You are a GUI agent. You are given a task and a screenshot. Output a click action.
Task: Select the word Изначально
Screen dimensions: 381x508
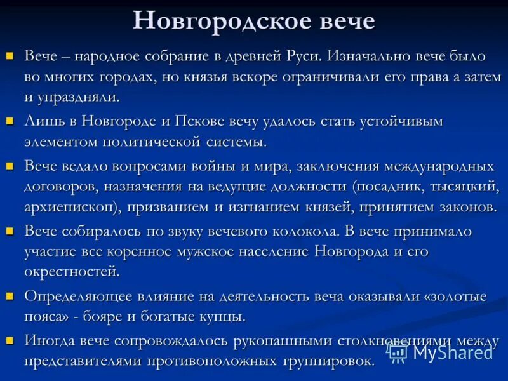point(373,56)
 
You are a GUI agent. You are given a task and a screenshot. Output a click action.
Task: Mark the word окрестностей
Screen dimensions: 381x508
point(71,272)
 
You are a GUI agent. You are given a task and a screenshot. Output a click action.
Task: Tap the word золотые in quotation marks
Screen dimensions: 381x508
point(457,296)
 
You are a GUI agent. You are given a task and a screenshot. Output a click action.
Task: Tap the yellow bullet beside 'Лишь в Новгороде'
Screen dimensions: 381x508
point(10,120)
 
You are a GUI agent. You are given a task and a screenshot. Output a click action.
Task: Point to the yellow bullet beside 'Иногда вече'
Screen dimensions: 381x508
point(10,339)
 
